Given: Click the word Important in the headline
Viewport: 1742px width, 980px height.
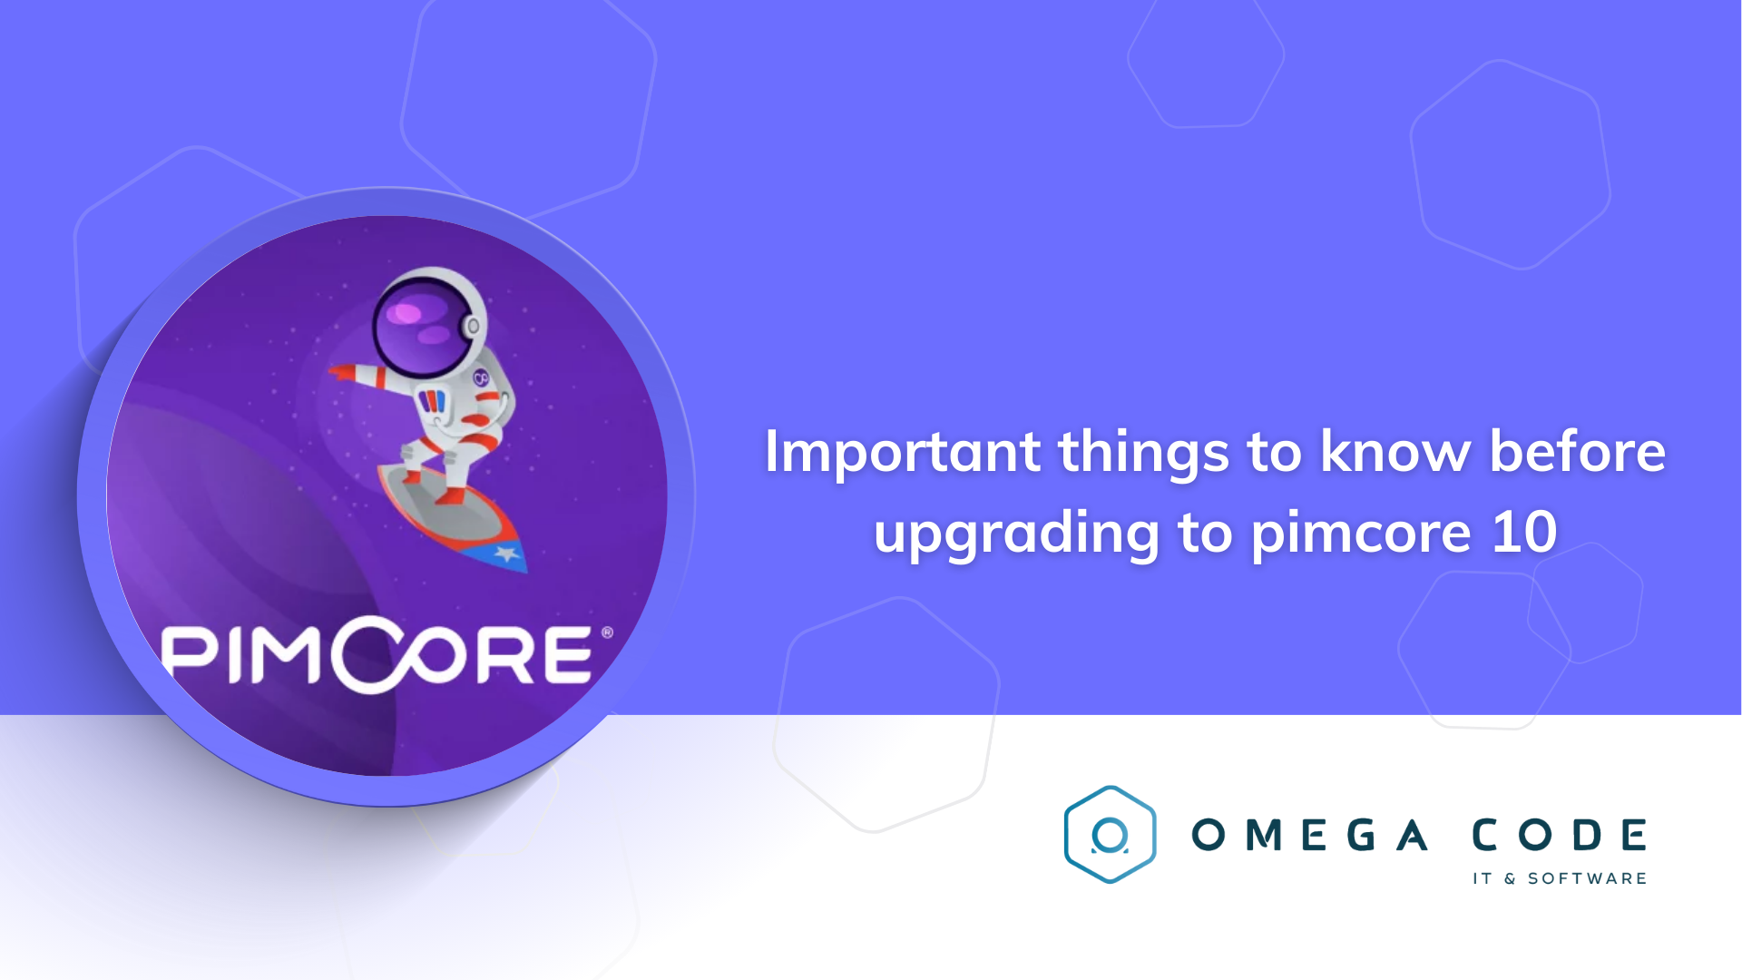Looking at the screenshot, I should (x=903, y=451).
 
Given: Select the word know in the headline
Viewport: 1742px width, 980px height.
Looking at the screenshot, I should (x=1395, y=451).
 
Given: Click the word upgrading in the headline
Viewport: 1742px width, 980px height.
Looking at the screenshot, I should (x=1016, y=533).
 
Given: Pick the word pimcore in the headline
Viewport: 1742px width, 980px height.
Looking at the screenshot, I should (x=1361, y=533).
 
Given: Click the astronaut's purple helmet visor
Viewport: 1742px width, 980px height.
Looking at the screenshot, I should (x=419, y=322).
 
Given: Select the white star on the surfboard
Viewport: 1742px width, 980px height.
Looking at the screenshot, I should (x=505, y=553).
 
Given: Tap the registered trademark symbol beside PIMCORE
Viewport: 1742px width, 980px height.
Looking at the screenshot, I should (x=607, y=632).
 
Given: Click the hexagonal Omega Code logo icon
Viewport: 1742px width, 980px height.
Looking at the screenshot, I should (x=1110, y=835).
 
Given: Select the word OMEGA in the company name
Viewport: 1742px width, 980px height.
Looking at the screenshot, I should (x=1310, y=835).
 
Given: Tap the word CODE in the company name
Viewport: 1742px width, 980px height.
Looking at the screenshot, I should (x=1559, y=835).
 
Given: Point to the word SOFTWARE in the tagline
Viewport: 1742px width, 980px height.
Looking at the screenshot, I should (x=1587, y=878).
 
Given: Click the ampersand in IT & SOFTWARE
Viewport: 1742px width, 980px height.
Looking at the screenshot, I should (x=1510, y=878).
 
